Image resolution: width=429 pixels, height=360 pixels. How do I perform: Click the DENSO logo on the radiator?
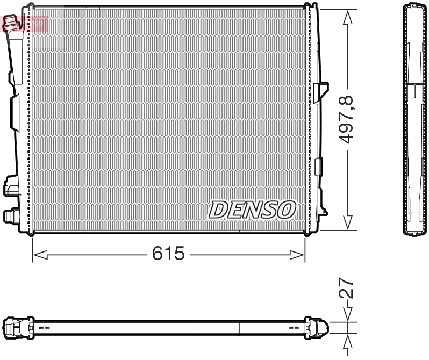[x=252, y=210]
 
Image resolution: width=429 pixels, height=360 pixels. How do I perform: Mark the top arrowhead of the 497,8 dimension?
[x=348, y=18]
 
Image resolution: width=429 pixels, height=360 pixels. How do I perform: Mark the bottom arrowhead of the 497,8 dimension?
[x=348, y=222]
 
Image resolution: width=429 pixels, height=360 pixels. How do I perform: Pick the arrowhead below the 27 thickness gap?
[x=348, y=341]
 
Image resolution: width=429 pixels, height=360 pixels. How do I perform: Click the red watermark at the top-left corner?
[x=25, y=23]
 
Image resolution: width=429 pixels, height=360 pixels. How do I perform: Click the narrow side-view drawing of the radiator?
[x=416, y=119]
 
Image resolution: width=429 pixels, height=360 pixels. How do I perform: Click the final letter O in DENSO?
[x=286, y=210]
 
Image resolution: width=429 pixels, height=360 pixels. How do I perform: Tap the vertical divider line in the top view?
[x=239, y=328]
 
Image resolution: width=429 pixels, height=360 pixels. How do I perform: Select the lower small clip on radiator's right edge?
[x=319, y=167]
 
